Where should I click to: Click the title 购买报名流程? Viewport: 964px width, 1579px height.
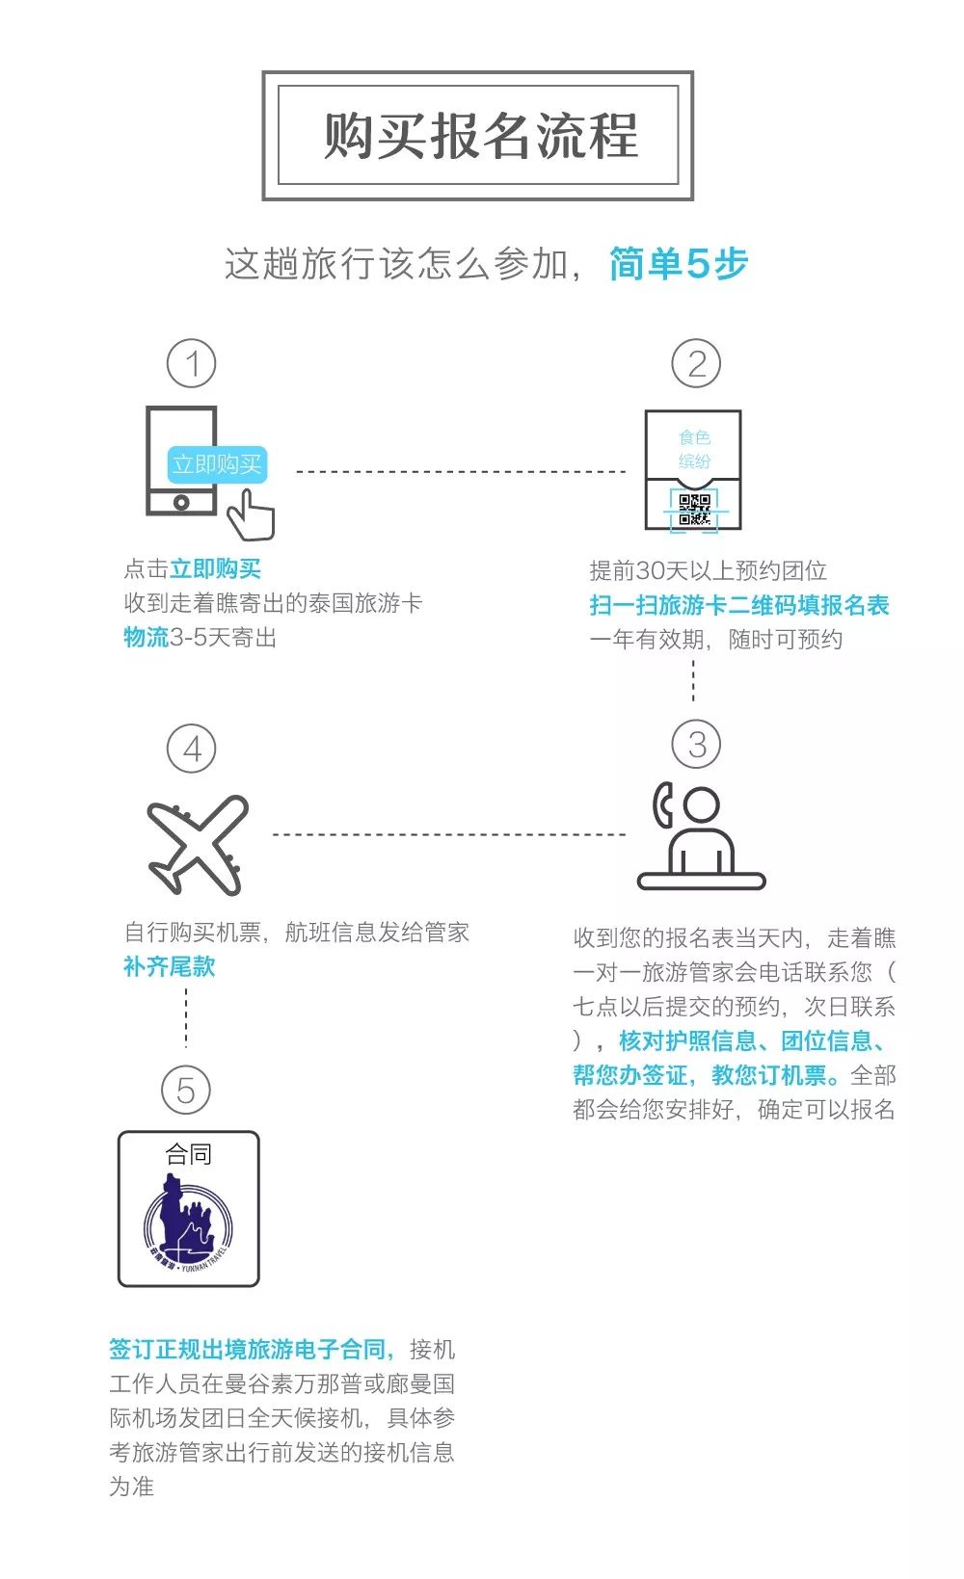pos(479,135)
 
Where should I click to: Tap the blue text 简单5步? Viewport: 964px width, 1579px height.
pos(678,263)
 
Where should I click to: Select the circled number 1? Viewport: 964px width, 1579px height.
pos(191,363)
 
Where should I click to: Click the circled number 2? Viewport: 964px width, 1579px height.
pos(695,363)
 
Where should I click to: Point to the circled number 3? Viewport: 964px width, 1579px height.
pos(695,744)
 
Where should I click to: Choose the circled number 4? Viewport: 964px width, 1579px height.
pos(191,749)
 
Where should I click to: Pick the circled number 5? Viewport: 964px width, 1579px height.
pos(185,1090)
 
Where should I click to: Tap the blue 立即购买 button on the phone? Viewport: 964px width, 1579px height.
pos(216,464)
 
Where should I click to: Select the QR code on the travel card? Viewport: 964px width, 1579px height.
pos(694,510)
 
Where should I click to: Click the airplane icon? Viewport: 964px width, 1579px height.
pos(198,844)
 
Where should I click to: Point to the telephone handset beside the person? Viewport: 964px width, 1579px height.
pos(662,805)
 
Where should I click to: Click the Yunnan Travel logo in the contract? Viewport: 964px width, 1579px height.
pos(188,1222)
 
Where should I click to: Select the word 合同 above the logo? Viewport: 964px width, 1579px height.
pos(188,1154)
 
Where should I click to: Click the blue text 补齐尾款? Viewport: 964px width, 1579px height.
pos(169,966)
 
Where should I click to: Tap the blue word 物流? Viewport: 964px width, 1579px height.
pos(146,637)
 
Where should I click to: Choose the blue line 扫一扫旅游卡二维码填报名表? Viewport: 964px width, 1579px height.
pos(738,605)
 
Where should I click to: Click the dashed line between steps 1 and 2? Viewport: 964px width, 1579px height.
pos(461,472)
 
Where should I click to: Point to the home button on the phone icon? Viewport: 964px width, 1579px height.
pos(181,502)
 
